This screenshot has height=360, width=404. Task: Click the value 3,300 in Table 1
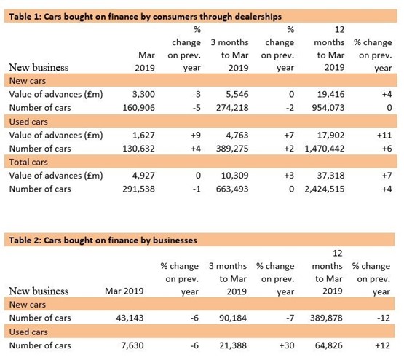[x=143, y=94]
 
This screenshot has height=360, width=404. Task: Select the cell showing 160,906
[x=138, y=108]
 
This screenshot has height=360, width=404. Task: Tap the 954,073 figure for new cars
[x=328, y=108]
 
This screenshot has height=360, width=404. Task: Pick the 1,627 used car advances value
[x=143, y=135]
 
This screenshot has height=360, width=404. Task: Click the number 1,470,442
[x=325, y=149]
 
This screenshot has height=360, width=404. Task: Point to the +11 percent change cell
[x=384, y=135]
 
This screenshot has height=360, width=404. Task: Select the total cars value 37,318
[x=330, y=176]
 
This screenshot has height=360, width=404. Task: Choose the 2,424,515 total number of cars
[x=325, y=189]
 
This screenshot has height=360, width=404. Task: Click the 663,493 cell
[x=232, y=189]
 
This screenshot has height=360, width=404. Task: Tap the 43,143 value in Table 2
[x=130, y=318]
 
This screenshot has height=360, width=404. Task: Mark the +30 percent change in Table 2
[x=287, y=345]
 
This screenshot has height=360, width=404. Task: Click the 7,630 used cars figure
[x=132, y=345]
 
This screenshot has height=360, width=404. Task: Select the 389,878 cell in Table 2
[x=326, y=318]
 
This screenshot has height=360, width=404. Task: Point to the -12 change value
[x=384, y=318]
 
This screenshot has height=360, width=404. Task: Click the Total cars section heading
[x=28, y=162]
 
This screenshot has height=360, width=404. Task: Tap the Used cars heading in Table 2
[x=28, y=332]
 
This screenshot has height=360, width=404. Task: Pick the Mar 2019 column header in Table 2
[x=124, y=291]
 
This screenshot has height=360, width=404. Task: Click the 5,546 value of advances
[x=237, y=94]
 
